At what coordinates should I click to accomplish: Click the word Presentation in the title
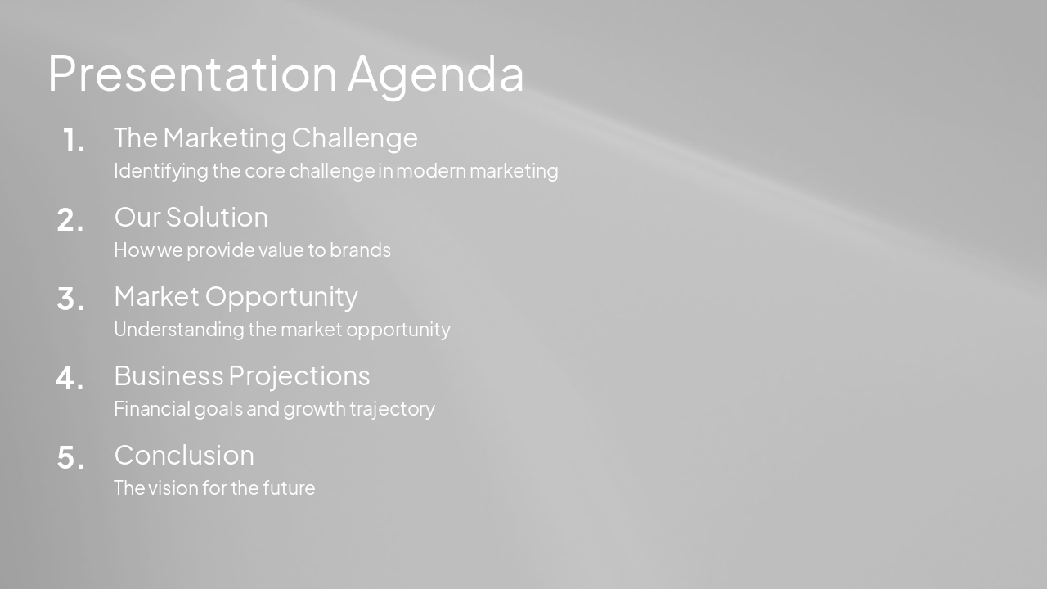[x=192, y=74]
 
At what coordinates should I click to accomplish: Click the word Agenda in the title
[x=435, y=75]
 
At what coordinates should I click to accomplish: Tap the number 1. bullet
[x=74, y=142]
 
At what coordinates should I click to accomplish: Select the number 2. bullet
[x=70, y=220]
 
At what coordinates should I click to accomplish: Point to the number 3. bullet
[x=70, y=299]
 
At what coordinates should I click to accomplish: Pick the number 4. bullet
[x=70, y=379]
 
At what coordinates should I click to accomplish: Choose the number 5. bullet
[x=70, y=458]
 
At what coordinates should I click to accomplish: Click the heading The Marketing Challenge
[x=265, y=137]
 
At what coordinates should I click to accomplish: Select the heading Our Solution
[x=191, y=217]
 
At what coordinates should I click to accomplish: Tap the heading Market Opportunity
[x=236, y=296]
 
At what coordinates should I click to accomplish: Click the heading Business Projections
[x=241, y=375]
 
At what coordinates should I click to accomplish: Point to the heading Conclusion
[x=184, y=455]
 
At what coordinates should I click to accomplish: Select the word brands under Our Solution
[x=360, y=250]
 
